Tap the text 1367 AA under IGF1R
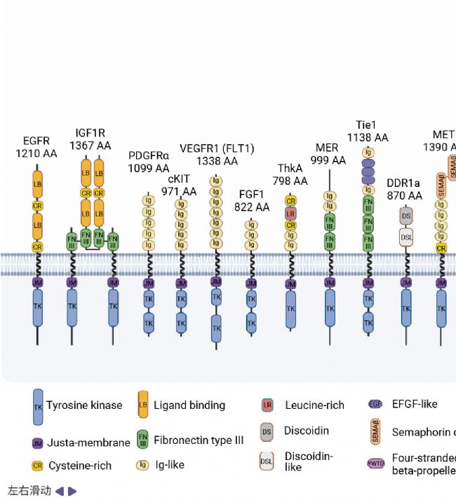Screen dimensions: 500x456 point(90,146)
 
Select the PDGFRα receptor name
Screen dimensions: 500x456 point(149,156)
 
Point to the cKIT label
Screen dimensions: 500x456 point(180,179)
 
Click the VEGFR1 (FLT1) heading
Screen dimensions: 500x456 point(217,148)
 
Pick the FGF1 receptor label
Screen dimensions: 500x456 point(252,195)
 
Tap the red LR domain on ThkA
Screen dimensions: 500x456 point(290,213)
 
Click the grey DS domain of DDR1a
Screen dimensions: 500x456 point(405,216)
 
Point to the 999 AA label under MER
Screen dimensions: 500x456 point(328,160)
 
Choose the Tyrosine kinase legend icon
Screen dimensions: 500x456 point(38,406)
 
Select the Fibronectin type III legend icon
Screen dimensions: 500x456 point(143,440)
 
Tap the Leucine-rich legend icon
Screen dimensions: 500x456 point(267,405)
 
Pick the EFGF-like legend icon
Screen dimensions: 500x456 point(375,404)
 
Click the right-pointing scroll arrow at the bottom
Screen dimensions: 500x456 point(72,491)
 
